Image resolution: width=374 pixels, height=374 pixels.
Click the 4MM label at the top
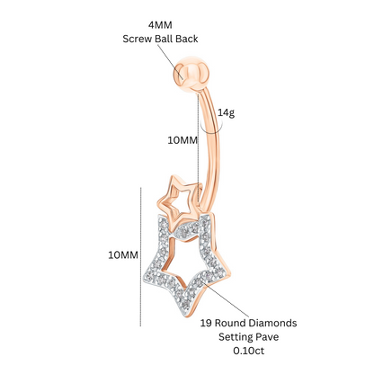[160, 25]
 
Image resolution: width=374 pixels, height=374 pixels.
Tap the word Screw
[138, 39]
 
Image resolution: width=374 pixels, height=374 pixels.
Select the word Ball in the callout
[164, 39]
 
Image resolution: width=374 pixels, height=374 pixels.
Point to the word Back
[187, 39]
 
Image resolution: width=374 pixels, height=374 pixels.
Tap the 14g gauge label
[226, 113]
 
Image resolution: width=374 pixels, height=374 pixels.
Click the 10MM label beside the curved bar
[183, 140]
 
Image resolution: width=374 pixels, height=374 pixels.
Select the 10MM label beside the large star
[123, 255]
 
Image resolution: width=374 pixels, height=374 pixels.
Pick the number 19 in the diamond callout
[206, 323]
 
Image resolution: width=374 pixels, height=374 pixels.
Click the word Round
[230, 323]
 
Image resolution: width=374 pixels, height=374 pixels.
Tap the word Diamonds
[272, 323]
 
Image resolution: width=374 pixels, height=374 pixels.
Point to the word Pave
[266, 337]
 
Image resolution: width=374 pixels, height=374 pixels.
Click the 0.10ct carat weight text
[249, 351]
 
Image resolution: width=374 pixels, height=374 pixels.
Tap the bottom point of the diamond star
[186, 316]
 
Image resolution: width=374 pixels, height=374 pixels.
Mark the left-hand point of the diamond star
[146, 275]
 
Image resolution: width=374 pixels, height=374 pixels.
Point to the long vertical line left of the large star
[140, 257]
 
